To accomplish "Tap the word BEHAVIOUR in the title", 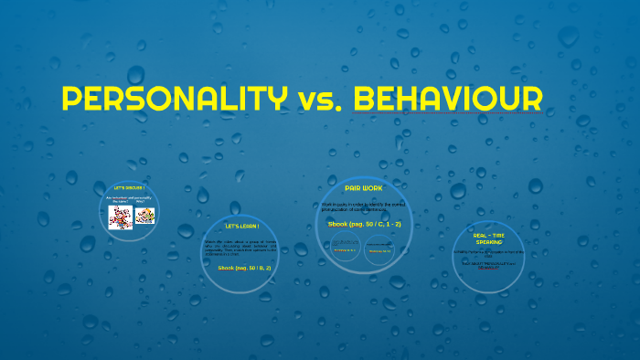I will pos(447,99).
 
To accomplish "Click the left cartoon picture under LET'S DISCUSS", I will pos(121,217).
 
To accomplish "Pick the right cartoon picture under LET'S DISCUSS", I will pos(145,217).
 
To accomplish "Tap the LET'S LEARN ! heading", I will pos(242,226).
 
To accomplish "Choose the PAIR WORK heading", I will pos(364,187).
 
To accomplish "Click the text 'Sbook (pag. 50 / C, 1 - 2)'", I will pos(364,223).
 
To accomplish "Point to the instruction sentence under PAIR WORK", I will pos(364,206).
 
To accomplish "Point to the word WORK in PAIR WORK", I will pos(374,187).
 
